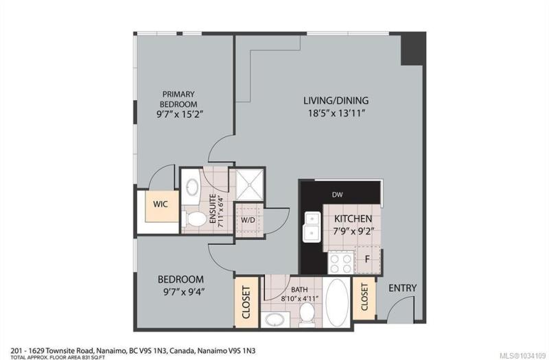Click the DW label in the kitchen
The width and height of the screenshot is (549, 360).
point(337,195)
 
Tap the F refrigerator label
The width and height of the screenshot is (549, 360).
point(367,259)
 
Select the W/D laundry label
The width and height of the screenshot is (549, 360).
point(248,219)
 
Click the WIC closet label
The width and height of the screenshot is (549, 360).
point(161,204)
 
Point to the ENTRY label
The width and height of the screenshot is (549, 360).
point(403,288)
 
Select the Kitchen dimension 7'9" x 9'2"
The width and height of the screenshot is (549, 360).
point(353,231)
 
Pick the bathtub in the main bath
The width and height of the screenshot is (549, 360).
point(337,302)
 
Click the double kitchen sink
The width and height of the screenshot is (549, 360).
point(312,227)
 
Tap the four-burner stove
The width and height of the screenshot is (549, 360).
point(340,263)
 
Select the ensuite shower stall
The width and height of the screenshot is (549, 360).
point(249,184)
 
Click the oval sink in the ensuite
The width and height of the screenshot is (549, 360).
point(191,187)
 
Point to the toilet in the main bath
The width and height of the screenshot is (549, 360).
point(307,313)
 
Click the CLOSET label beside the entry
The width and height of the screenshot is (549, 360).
point(364,297)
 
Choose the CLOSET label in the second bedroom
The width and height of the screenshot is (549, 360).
point(246,302)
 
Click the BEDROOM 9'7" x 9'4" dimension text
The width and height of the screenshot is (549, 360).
point(184,291)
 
